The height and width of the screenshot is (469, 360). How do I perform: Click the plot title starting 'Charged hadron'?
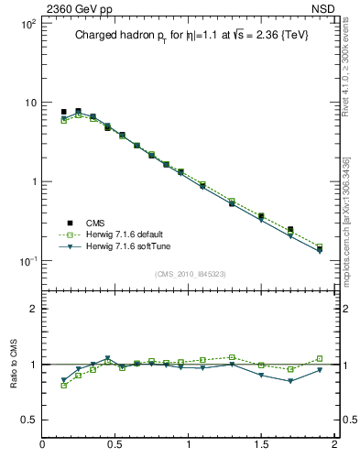tap(186, 37)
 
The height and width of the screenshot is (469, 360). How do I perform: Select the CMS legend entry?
tap(95, 223)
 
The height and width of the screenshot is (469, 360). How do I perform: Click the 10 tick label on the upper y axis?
tap(29, 103)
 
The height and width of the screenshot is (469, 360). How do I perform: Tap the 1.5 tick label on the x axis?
tap(261, 444)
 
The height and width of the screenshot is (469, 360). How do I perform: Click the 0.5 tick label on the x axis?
tap(115, 444)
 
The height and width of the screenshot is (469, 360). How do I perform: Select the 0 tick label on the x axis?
tap(43, 444)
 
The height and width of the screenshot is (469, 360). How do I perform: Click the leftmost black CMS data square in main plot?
tap(63, 112)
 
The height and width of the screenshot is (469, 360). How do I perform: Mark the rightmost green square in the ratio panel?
tap(320, 359)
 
